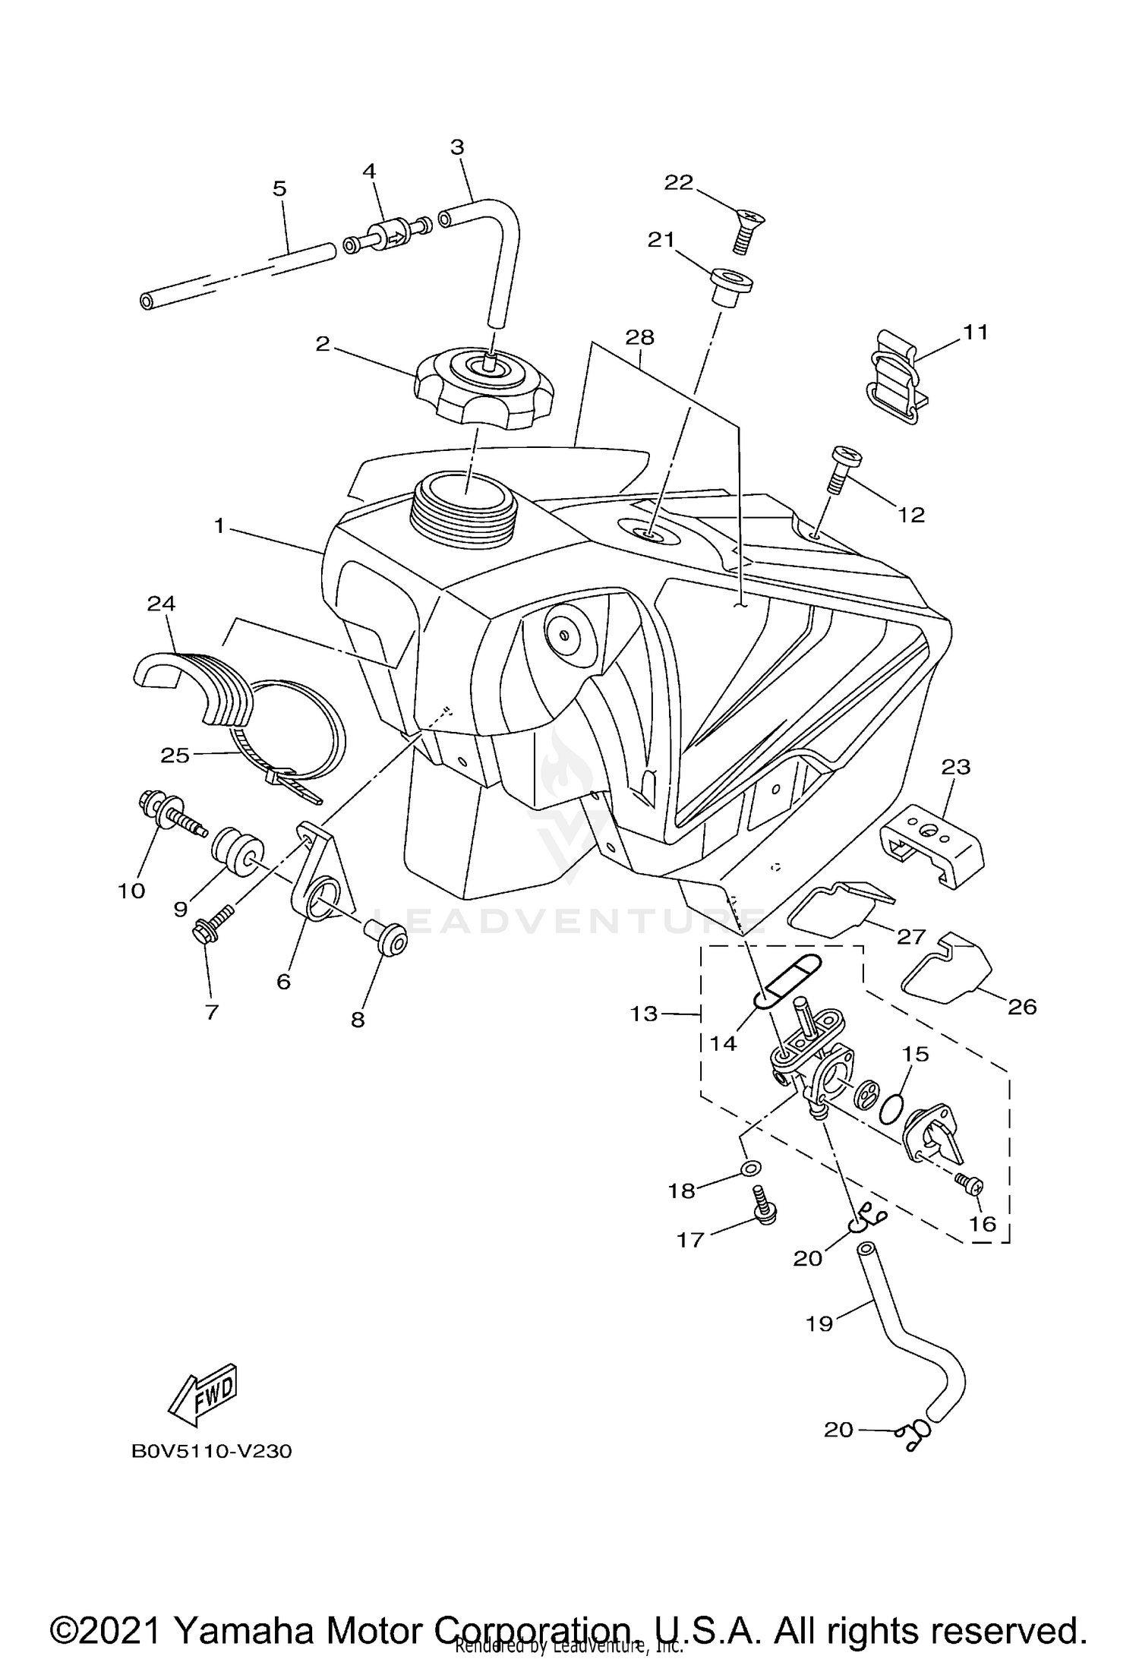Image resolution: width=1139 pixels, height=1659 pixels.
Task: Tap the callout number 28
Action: point(640,336)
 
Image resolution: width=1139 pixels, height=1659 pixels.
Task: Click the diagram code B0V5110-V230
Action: point(212,1451)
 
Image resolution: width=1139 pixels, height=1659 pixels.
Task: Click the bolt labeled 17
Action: point(762,1205)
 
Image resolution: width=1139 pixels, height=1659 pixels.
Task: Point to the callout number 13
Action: point(644,1014)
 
